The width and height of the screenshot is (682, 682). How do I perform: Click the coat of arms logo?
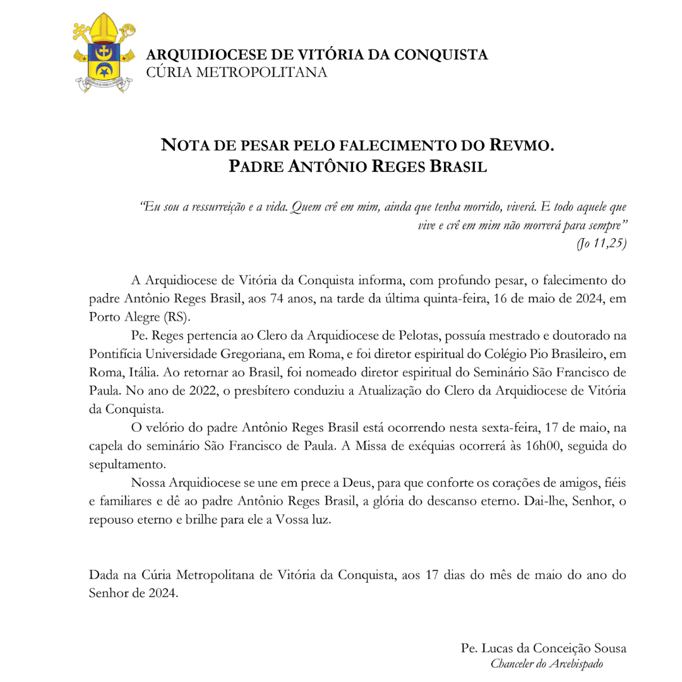(x=103, y=52)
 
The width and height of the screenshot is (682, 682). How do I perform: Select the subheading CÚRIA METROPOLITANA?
(x=237, y=73)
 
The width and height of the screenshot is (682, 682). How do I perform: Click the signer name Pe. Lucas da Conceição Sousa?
(x=544, y=649)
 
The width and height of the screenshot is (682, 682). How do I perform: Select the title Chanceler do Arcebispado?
(x=547, y=664)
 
